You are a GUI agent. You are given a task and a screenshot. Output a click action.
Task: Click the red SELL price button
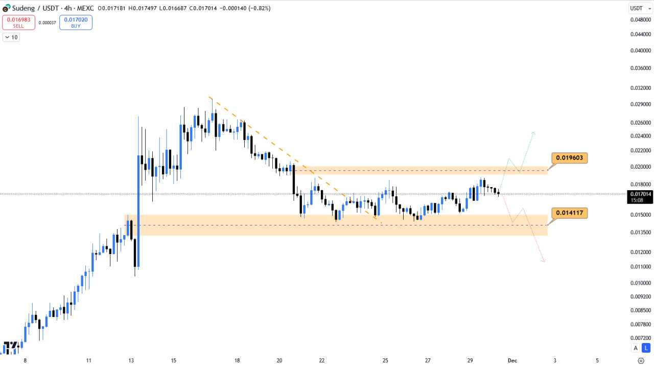tap(18, 22)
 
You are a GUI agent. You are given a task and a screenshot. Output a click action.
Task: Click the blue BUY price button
tap(76, 22)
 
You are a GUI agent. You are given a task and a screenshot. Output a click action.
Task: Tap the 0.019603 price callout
tap(569, 157)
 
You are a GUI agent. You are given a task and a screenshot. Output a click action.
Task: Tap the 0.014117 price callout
tap(569, 213)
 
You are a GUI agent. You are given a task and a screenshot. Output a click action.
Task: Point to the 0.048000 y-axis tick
tap(640, 20)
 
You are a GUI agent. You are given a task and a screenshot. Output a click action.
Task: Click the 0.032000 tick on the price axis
tap(640, 87)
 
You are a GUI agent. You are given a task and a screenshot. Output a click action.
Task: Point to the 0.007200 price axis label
tap(640, 338)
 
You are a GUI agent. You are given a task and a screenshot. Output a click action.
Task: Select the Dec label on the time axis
tap(512, 360)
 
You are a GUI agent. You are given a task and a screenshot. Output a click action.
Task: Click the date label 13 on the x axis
tap(131, 360)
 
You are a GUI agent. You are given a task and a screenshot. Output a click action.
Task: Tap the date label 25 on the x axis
tap(385, 360)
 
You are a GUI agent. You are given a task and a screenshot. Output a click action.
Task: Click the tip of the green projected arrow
tap(533, 132)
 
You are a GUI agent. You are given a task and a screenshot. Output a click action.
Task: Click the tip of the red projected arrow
tap(544, 262)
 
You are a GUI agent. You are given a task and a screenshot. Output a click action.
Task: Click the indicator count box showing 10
tap(11, 37)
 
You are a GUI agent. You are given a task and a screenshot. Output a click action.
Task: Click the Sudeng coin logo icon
tap(6, 8)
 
